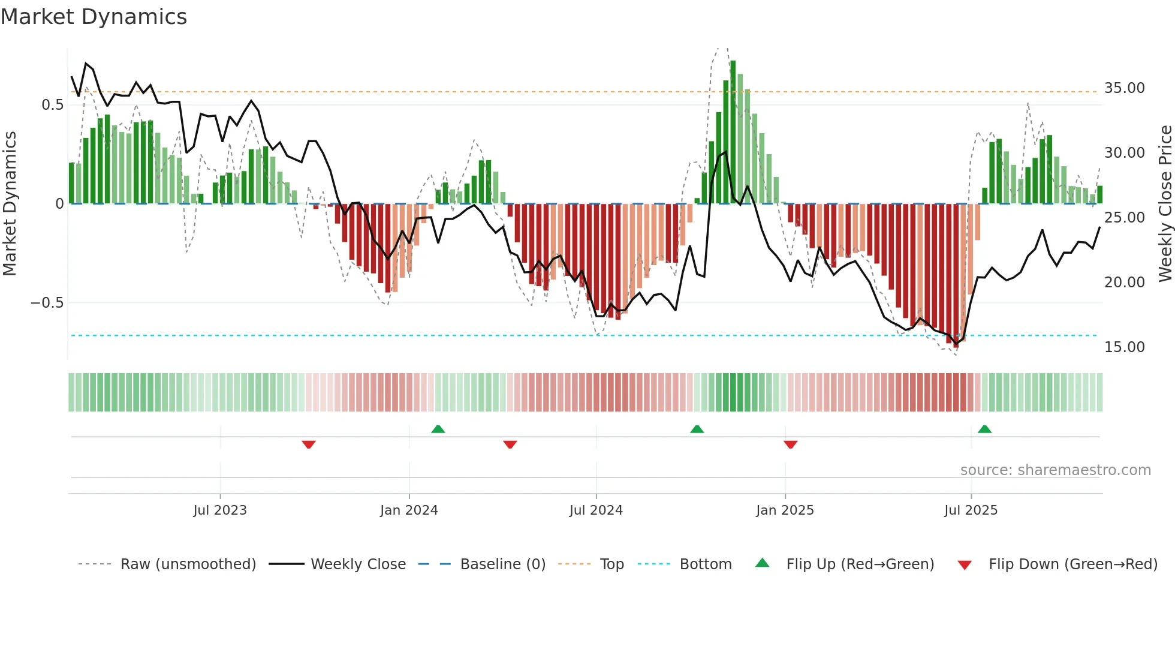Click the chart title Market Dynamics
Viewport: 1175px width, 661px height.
pos(94,17)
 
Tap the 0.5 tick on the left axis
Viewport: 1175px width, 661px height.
pos(53,105)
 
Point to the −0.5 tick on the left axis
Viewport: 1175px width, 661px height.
pos(47,303)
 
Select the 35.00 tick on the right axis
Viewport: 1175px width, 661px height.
pos(1124,88)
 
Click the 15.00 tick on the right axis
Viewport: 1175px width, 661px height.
pos(1124,347)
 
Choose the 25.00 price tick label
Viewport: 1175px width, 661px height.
pos(1124,218)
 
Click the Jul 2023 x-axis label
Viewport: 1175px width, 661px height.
pos(220,510)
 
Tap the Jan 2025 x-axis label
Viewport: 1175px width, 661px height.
pos(785,510)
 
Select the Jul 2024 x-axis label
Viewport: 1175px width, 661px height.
pos(596,510)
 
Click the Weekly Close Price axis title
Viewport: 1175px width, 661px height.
pos(1165,203)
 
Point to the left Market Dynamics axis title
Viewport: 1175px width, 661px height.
pos(10,203)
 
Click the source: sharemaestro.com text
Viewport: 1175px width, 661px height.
pos(1055,470)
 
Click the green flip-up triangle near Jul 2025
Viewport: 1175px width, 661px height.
pos(984,429)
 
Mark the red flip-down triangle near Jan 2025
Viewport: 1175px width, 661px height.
pos(790,444)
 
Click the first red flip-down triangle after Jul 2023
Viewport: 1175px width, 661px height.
pos(309,444)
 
